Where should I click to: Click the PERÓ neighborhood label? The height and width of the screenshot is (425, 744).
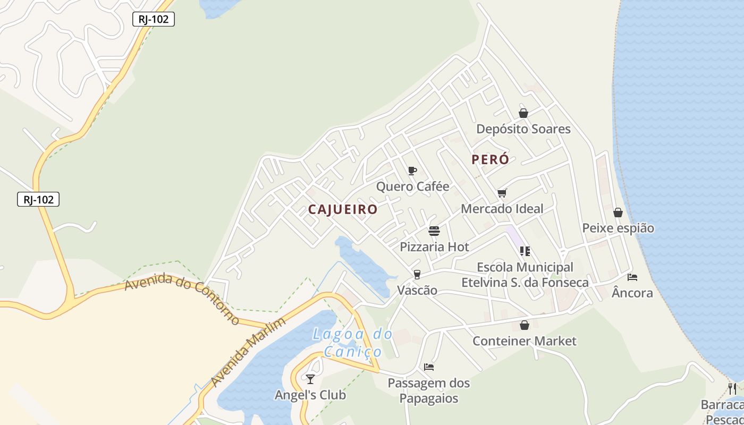click(x=490, y=159)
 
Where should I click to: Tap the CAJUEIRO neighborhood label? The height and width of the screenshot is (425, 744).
click(x=343, y=209)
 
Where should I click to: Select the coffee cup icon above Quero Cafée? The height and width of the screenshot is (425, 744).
click(x=412, y=171)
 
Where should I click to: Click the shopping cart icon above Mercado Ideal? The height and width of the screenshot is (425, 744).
click(x=502, y=193)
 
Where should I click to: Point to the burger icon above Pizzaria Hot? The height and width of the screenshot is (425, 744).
click(x=434, y=231)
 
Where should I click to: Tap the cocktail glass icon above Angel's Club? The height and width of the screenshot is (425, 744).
click(x=310, y=379)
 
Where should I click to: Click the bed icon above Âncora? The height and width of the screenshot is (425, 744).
click(x=632, y=277)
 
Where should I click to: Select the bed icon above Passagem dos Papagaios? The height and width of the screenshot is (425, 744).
click(x=429, y=367)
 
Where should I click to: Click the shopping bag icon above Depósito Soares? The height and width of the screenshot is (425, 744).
click(x=523, y=113)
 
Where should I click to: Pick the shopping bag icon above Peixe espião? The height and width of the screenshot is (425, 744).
click(x=618, y=212)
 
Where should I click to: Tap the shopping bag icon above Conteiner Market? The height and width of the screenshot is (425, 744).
click(x=525, y=325)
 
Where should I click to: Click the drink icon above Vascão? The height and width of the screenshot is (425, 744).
click(x=417, y=274)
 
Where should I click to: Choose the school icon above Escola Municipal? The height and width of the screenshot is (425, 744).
click(x=525, y=251)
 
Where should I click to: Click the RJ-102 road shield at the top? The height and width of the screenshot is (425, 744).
click(x=153, y=20)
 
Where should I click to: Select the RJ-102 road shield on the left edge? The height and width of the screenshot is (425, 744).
click(x=38, y=199)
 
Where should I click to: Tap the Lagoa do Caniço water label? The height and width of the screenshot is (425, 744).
click(x=353, y=343)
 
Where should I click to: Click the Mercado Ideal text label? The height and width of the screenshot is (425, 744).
click(x=502, y=209)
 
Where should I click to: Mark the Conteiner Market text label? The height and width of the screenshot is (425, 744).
click(x=525, y=341)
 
